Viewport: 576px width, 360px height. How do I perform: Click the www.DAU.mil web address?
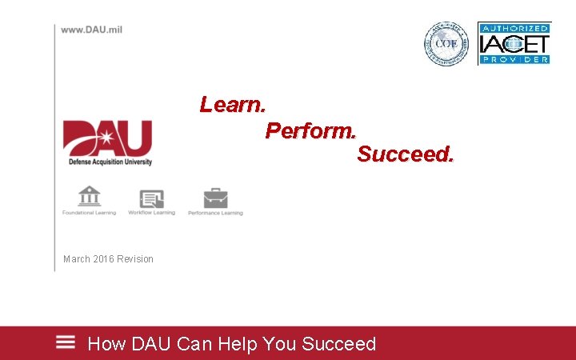tap(91, 30)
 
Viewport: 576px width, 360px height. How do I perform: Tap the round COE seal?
tap(445, 43)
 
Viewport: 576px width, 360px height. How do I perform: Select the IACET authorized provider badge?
tap(514, 43)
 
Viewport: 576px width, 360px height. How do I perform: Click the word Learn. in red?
tap(233, 105)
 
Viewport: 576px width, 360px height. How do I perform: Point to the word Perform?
tap(311, 130)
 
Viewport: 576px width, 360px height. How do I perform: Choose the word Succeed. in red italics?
tap(405, 154)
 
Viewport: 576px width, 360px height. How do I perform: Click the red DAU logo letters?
tap(107, 138)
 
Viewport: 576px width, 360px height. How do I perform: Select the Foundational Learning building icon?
tap(89, 196)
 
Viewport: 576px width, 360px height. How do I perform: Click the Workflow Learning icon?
tap(151, 198)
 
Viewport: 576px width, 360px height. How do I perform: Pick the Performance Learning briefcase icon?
tap(215, 198)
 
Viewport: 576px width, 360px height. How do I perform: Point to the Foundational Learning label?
tap(89, 213)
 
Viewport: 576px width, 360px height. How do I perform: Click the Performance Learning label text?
tap(215, 213)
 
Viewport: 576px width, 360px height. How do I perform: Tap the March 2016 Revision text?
tap(108, 258)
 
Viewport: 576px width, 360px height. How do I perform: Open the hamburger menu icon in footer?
tap(66, 342)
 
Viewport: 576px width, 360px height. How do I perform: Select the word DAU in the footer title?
tap(150, 344)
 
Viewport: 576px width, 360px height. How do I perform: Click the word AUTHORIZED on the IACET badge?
tap(514, 28)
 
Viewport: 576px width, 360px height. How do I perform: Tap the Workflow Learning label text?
tap(151, 213)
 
